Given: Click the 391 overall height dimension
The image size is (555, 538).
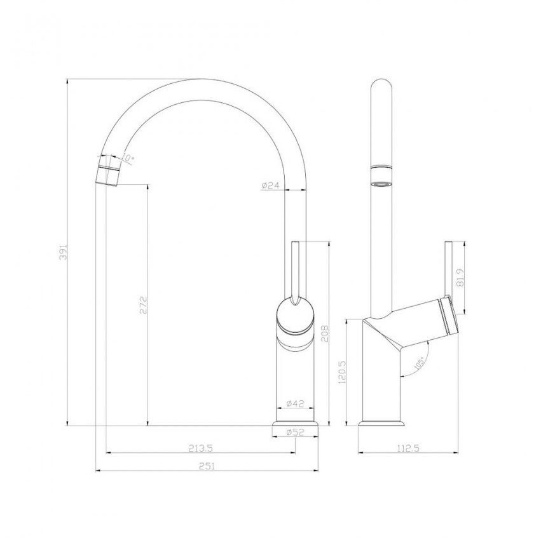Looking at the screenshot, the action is pos(64,252).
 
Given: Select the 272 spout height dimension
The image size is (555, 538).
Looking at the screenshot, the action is pos(143,306).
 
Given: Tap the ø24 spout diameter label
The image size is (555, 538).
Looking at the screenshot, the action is pos(271,185).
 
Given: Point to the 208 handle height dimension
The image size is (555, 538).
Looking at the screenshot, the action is pos(325,333).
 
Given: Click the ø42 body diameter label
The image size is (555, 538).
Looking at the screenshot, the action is pos(295,403).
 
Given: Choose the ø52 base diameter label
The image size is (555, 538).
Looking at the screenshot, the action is pos(295,432).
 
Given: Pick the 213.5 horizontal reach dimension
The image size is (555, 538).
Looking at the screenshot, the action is pos(200,448).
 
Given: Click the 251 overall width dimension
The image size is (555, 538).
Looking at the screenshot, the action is pos(207,466).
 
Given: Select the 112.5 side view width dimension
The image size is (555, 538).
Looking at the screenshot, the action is pos(408,448).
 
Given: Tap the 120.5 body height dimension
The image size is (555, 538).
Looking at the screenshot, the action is pos(342,372).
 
